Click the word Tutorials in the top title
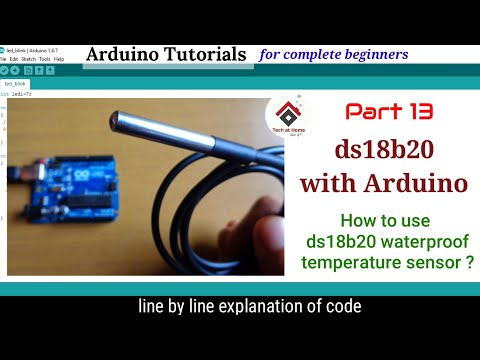tap(206, 54)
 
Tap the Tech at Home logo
tap(287, 123)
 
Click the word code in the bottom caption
tap(341, 307)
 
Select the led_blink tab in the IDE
tap(15, 84)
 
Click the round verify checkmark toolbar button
tap(4, 71)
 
